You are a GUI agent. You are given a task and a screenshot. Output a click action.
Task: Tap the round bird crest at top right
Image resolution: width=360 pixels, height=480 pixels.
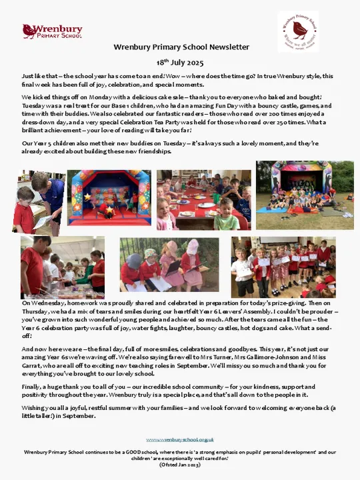pos(298,31)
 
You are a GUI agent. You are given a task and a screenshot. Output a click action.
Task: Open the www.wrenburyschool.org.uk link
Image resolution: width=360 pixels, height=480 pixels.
pos(180,439)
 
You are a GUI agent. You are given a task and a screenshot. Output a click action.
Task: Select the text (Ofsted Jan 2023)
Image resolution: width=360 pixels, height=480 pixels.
pos(180,464)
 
